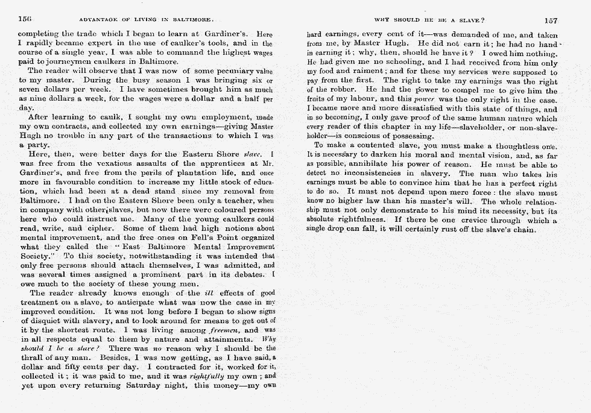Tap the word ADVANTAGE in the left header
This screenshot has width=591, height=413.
click(x=98, y=20)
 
